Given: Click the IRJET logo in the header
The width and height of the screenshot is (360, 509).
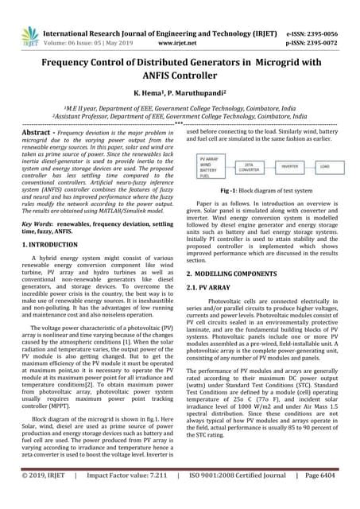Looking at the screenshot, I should point(25,17).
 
